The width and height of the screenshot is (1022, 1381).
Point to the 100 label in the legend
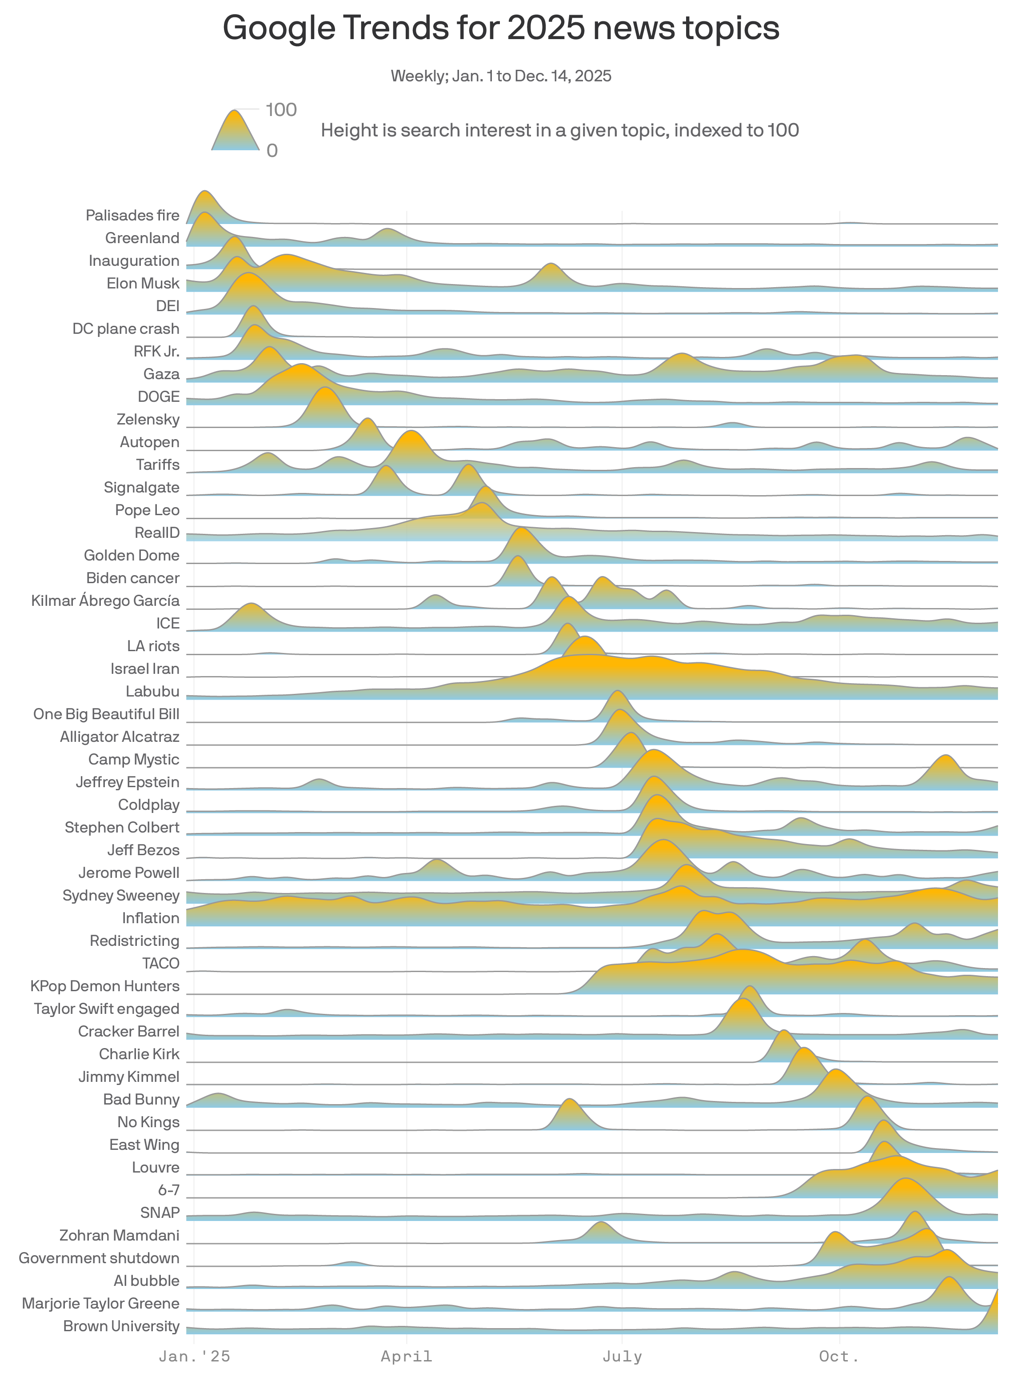point(281,110)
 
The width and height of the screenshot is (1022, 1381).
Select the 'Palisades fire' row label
point(132,215)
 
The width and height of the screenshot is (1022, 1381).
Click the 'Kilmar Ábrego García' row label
point(105,601)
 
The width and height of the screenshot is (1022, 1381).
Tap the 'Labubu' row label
point(152,691)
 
